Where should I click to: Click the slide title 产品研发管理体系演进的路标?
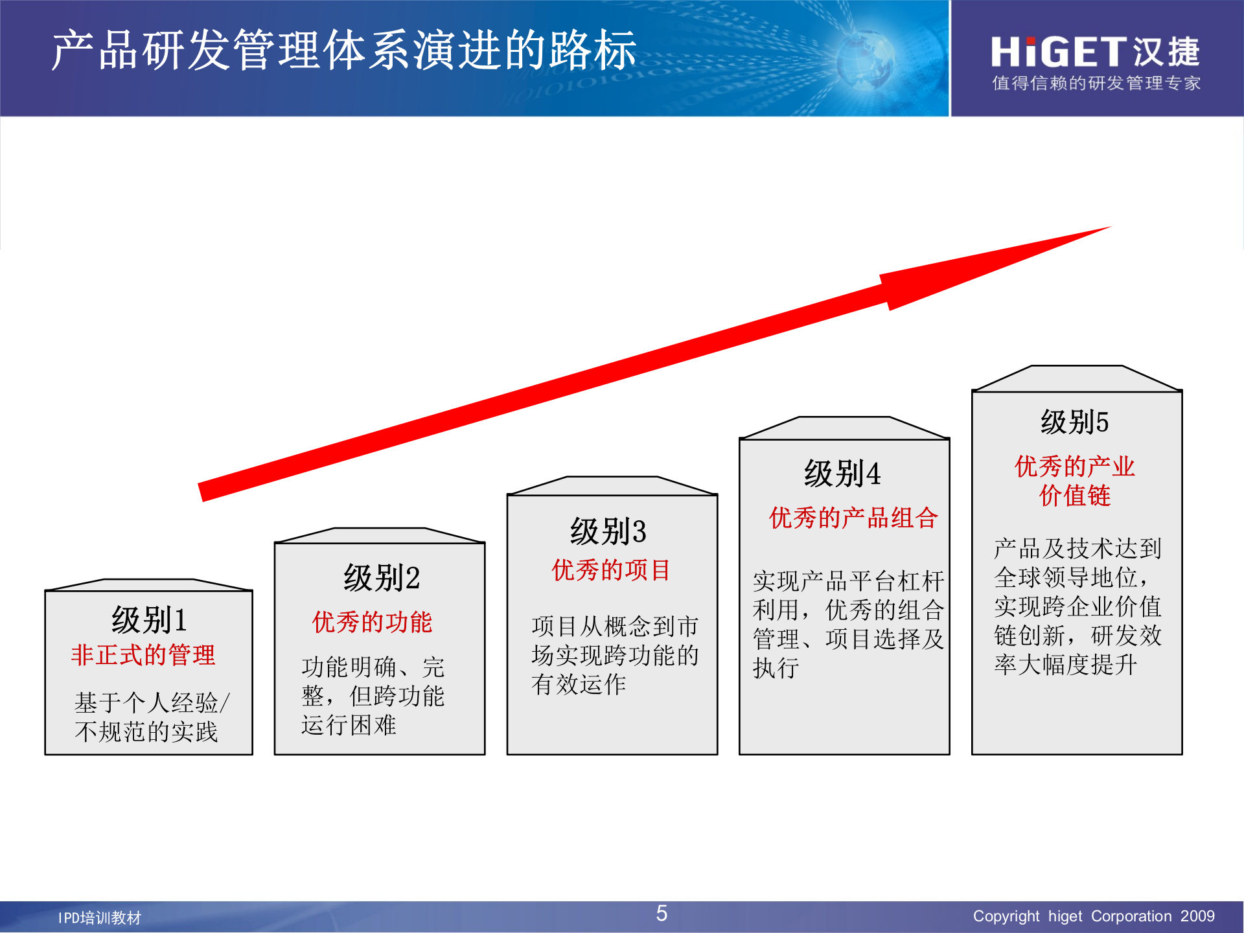[x=344, y=51]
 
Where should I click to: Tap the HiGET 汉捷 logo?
[x=1095, y=52]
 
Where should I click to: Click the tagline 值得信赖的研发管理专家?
[x=1096, y=84]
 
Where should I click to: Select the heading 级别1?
[x=149, y=620]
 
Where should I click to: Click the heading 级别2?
[x=382, y=578]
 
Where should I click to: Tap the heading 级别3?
[x=608, y=532]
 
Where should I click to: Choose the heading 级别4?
[x=842, y=474]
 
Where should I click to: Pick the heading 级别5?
[x=1074, y=422]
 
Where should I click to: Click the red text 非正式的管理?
[x=143, y=655]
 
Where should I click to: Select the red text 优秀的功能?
[x=372, y=622]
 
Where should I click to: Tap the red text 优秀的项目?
[x=610, y=570]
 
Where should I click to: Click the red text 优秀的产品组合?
[x=853, y=518]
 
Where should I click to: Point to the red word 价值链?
[x=1075, y=496]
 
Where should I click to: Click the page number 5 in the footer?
[x=662, y=914]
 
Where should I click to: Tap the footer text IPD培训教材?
[x=100, y=917]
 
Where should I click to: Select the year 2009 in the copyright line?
[x=1197, y=916]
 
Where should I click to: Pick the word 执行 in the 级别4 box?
[x=776, y=668]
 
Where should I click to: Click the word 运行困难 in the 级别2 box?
[x=349, y=725]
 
